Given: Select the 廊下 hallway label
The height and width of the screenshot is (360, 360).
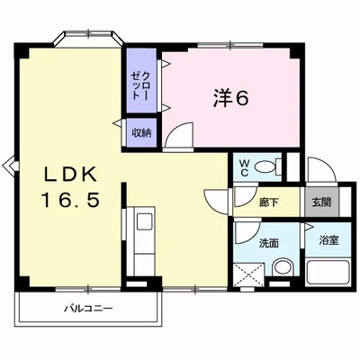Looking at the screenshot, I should pyautogui.click(x=268, y=202).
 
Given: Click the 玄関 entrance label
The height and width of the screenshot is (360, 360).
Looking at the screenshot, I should pyautogui.click(x=321, y=202).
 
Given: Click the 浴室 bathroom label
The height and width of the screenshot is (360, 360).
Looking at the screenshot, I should pyautogui.click(x=328, y=241).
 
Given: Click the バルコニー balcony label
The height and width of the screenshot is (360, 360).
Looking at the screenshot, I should pyautogui.click(x=88, y=309).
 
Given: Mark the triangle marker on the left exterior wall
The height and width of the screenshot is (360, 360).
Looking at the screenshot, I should pyautogui.click(x=9, y=165).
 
